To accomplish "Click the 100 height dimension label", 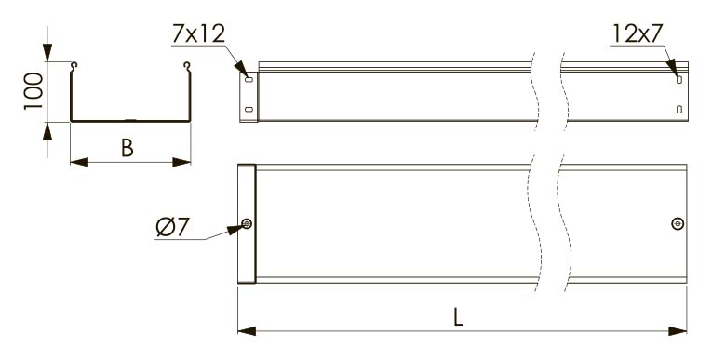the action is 34,91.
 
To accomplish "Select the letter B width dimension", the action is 128,148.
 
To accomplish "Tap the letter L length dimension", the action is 459,317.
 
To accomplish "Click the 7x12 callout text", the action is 198,33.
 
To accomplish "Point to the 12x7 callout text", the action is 638,33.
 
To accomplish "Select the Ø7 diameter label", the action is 172,227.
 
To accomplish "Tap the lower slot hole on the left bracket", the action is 249,109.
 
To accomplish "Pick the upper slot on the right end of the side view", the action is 679,80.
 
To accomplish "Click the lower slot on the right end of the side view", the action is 679,109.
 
